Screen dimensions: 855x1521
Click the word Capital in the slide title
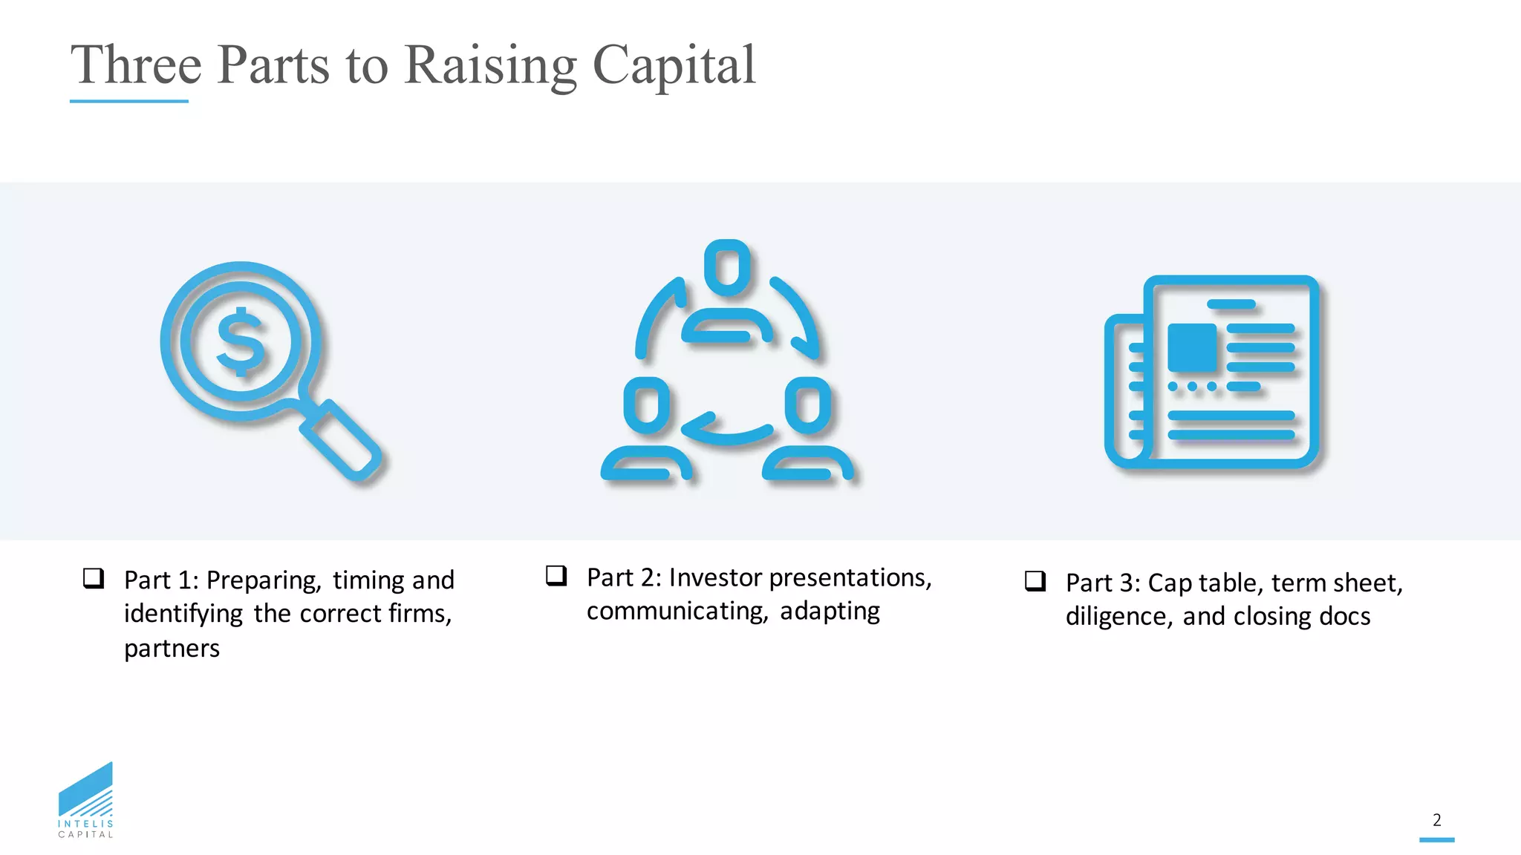(x=674, y=65)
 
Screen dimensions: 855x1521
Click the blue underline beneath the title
(x=128, y=101)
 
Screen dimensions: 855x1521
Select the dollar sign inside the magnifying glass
(x=240, y=341)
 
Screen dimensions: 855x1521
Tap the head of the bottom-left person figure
(x=646, y=405)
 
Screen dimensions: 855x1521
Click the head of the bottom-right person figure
(x=808, y=405)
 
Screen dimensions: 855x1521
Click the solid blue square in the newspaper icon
(x=1192, y=347)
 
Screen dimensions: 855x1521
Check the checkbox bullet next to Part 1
(x=94, y=578)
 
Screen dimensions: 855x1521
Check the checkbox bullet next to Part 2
(x=556, y=575)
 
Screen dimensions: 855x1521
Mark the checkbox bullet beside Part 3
(x=1035, y=581)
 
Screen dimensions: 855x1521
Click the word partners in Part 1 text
(x=172, y=649)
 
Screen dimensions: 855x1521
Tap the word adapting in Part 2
(x=830, y=611)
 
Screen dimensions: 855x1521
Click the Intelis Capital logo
(x=86, y=800)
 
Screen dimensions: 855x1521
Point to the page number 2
(x=1437, y=820)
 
